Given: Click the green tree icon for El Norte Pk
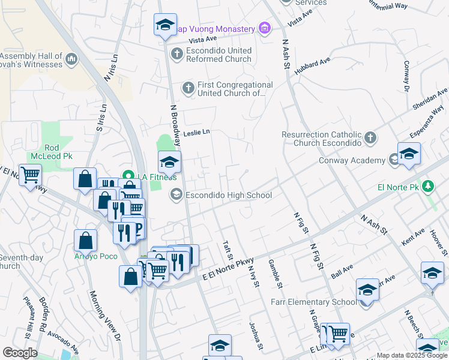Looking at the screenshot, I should click(427, 186).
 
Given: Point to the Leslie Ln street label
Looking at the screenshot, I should click(197, 132).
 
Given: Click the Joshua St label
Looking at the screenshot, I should click(256, 335).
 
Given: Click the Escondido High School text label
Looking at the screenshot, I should click(229, 195).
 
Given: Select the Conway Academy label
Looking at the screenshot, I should click(352, 160).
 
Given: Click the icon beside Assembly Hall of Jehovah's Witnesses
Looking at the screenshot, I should click(71, 59).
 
